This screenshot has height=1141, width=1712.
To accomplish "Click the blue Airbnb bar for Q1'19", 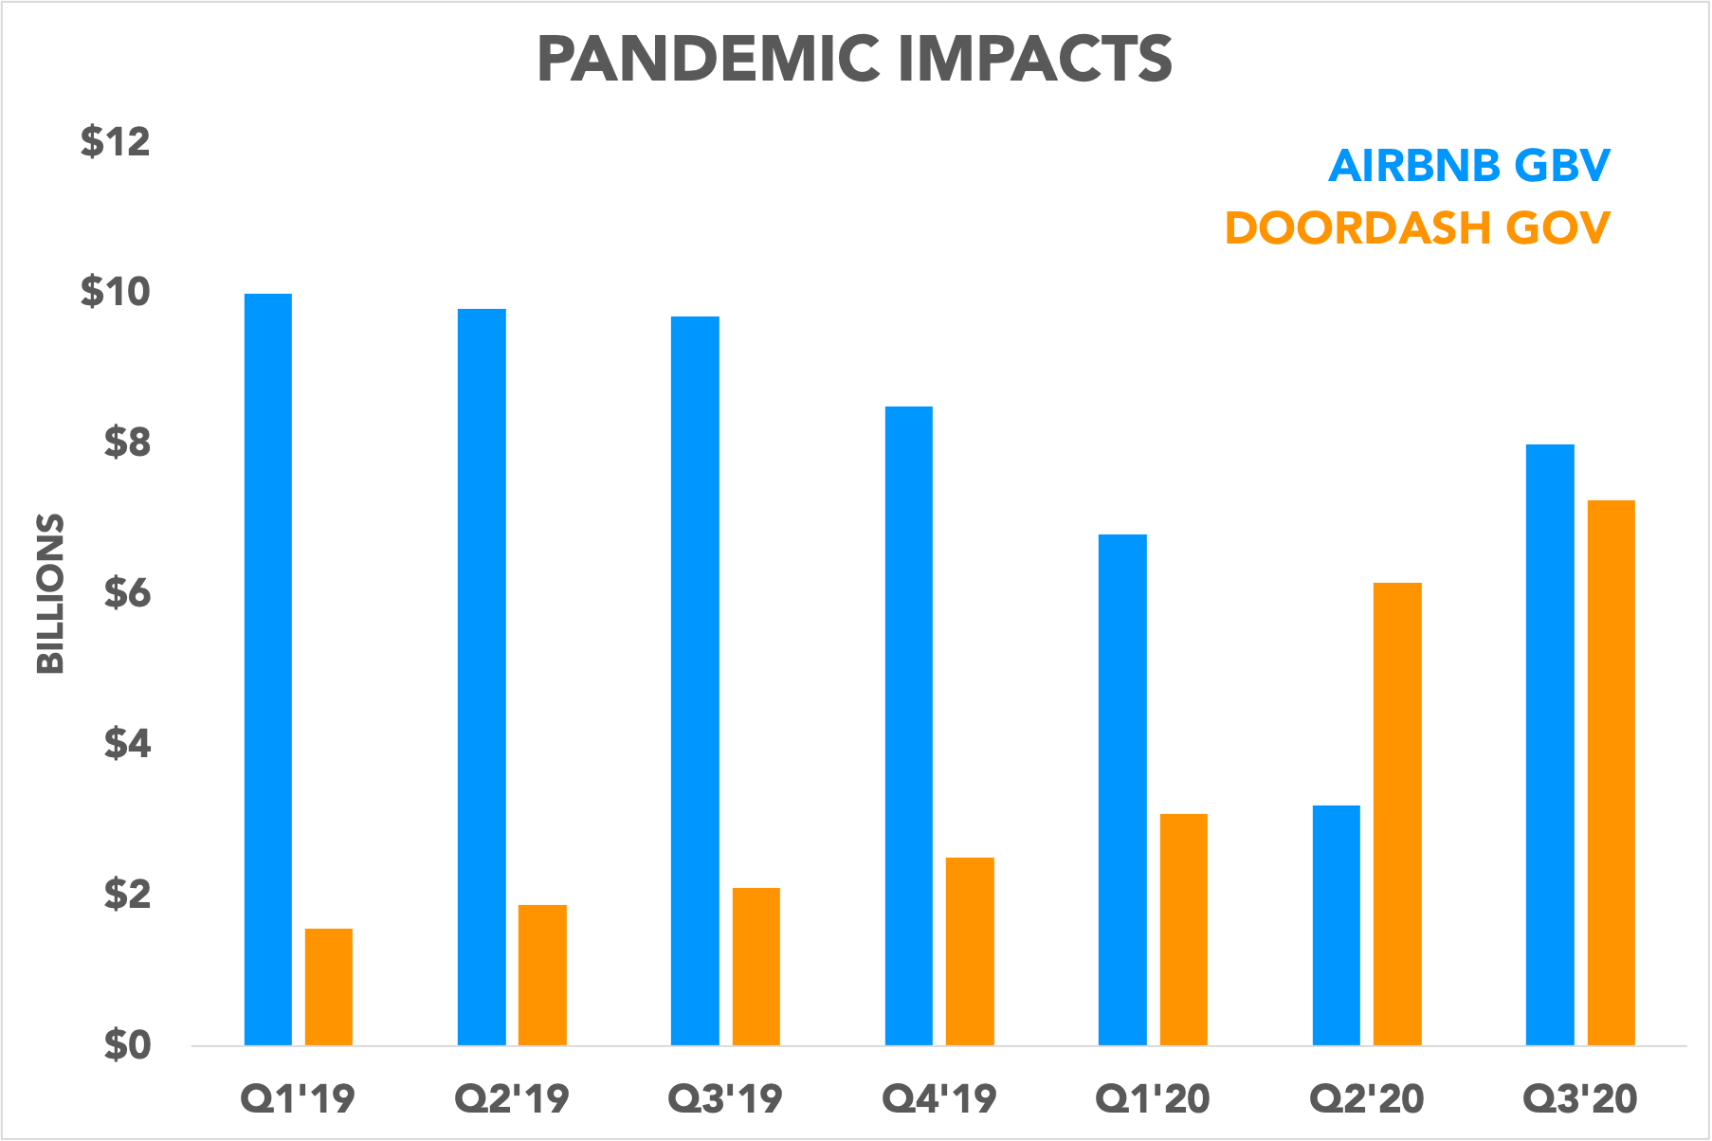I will coord(268,669).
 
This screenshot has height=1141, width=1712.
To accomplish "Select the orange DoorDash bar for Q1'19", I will coord(329,987).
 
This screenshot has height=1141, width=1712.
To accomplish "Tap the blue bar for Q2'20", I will coord(1337,925).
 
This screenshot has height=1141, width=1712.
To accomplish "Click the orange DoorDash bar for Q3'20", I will coord(1612,772).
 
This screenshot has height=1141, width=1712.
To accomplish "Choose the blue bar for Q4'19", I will coord(909,726).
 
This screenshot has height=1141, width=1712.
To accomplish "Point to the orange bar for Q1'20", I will coord(1184,929).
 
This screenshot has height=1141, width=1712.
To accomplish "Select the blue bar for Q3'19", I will coord(695,680).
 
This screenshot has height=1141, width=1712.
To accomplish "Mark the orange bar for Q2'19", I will coord(542,974).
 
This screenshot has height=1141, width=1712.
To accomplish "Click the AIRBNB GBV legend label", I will coord(1468,166).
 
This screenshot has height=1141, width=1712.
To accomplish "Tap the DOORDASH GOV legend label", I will coord(1417,228).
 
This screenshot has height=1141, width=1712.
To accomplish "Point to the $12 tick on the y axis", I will coord(116,142).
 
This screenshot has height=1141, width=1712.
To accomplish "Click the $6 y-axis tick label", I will coord(127,594).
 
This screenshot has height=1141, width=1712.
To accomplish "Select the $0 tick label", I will coord(127,1045).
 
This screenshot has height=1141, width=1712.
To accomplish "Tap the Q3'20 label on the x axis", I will coord(1580,1099).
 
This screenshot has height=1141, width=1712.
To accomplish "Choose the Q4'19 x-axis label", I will coord(939,1099).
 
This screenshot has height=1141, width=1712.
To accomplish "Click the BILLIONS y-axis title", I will coord(50,593).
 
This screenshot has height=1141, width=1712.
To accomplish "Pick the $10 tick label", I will coord(116,292).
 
